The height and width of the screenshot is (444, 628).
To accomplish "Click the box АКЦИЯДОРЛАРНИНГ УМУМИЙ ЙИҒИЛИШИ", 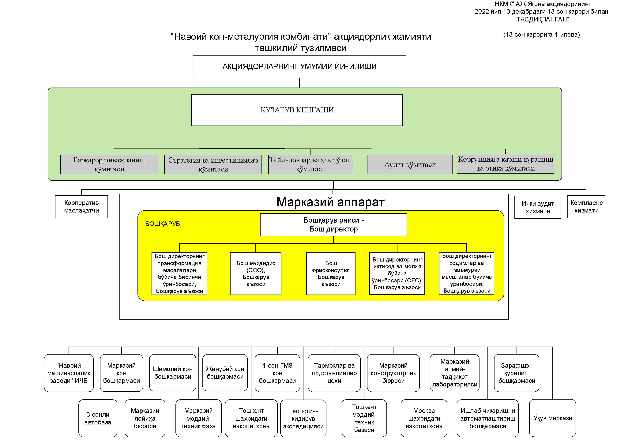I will [299, 67].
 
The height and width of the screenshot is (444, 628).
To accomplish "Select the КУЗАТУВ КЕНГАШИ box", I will [297, 110].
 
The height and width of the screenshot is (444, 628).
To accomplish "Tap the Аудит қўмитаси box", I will [409, 164].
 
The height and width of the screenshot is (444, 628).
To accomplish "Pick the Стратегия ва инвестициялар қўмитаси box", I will [213, 164].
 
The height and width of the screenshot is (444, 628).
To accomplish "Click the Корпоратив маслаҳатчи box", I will [81, 207].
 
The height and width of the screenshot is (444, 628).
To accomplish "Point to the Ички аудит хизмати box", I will [537, 207].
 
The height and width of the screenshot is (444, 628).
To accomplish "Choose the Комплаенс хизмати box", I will [586, 207].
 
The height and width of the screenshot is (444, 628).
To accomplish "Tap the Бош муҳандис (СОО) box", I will [255, 273].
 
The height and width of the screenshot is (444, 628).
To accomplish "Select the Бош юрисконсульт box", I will [331, 273].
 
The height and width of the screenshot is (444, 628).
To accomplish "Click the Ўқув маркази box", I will [552, 418].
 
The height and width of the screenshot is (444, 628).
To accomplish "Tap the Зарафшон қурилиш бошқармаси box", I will [516, 373].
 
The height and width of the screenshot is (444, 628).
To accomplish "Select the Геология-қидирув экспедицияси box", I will [303, 419].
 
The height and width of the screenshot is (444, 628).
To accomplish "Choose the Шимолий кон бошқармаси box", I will [173, 373].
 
